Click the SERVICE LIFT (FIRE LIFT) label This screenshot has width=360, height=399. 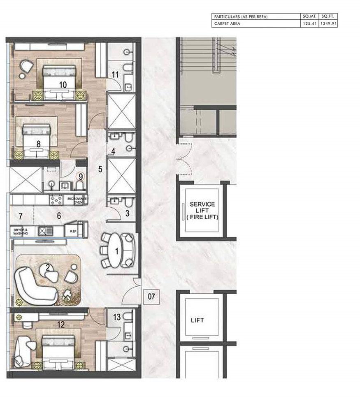203,210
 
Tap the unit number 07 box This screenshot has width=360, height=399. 151,296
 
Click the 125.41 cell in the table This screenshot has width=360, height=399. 309,24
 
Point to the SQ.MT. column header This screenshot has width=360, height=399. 309,16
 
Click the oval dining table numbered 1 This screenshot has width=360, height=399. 117,250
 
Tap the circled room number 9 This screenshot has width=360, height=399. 81,176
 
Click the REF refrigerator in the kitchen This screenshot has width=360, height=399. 73,232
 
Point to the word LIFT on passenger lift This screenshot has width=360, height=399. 197,320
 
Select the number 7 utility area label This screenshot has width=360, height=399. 19,216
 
